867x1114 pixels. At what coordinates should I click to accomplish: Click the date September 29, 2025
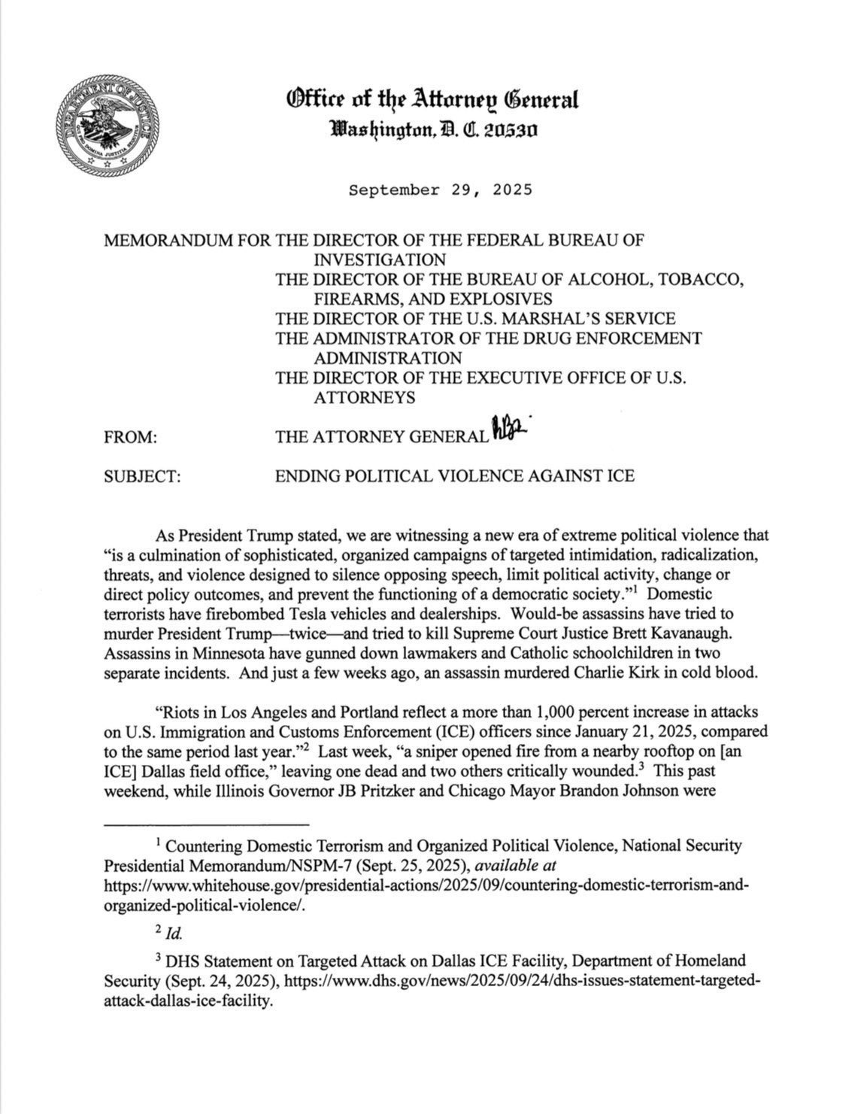[x=440, y=190]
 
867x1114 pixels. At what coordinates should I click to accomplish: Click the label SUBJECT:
[x=142, y=476]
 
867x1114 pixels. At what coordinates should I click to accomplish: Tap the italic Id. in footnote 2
[x=172, y=933]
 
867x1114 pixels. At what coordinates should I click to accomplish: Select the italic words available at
[x=517, y=865]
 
